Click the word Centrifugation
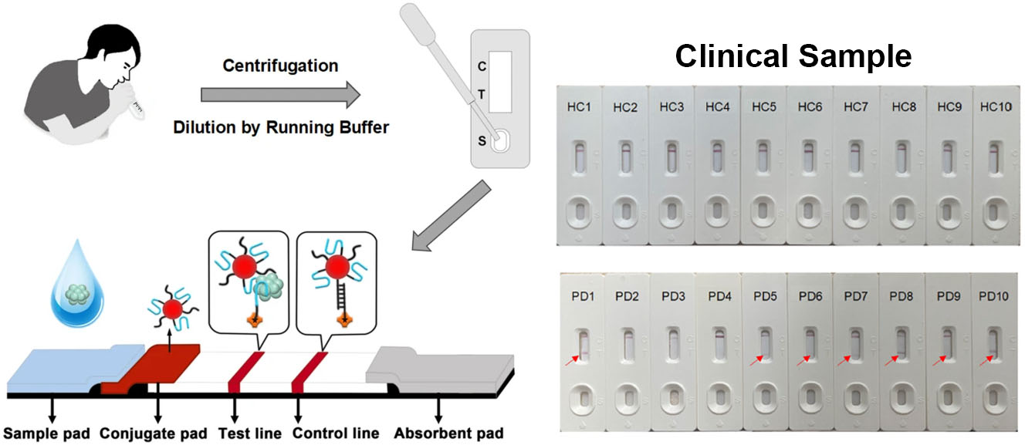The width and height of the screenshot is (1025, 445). click(x=280, y=66)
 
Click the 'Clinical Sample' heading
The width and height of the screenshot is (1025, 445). click(x=793, y=56)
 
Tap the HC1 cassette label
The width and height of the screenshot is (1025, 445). click(x=580, y=106)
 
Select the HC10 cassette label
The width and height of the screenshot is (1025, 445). click(x=995, y=105)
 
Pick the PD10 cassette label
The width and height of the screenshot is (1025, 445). click(x=994, y=295)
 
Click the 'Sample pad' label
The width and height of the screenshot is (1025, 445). click(x=50, y=433)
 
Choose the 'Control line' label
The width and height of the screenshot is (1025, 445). click(x=335, y=433)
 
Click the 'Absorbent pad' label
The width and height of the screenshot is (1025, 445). click(x=448, y=433)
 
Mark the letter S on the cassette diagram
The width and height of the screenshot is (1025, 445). click(x=482, y=141)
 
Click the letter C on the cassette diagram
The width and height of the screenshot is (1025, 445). click(x=482, y=67)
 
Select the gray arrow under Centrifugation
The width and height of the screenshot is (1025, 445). click(x=280, y=94)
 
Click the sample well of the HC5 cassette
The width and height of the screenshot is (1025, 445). click(x=763, y=210)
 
